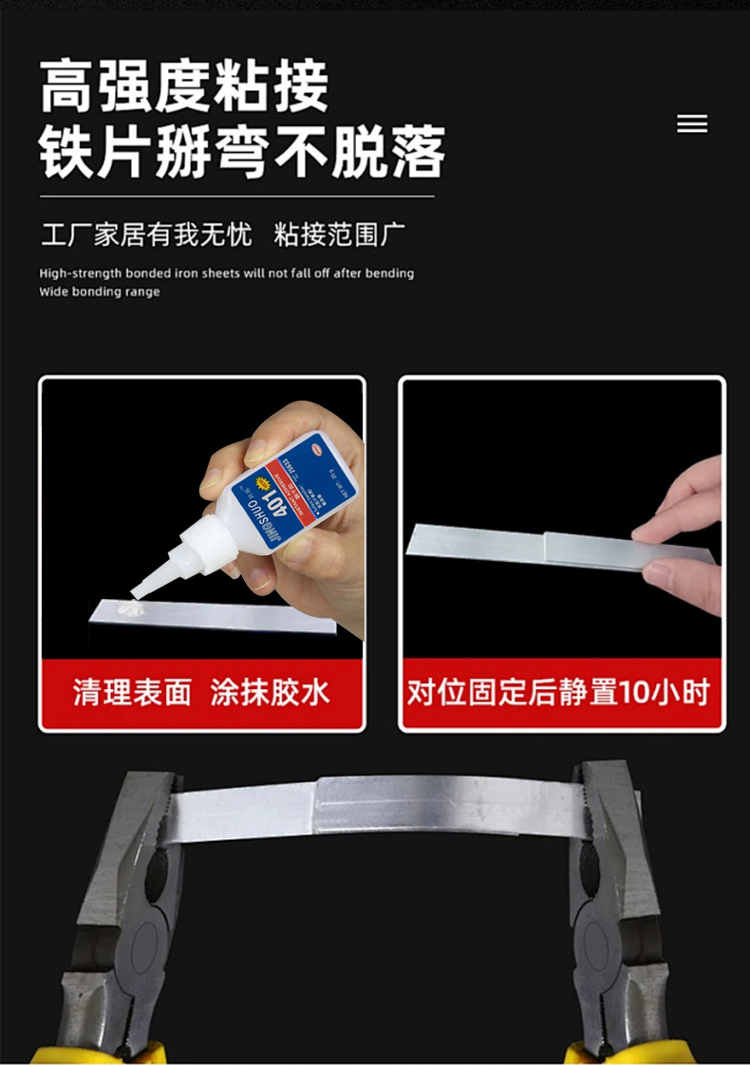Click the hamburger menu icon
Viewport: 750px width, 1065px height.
coord(692,124)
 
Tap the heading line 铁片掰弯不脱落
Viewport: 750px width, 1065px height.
coord(242,151)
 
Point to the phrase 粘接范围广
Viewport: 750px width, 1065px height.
coord(340,234)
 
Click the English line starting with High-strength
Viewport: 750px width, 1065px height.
coord(227,273)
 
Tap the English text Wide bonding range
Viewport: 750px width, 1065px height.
coord(100,292)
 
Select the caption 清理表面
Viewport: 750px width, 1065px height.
coord(132,692)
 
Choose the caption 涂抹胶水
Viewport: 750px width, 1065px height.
coord(271,692)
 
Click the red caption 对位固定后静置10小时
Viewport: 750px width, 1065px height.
coord(558,692)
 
